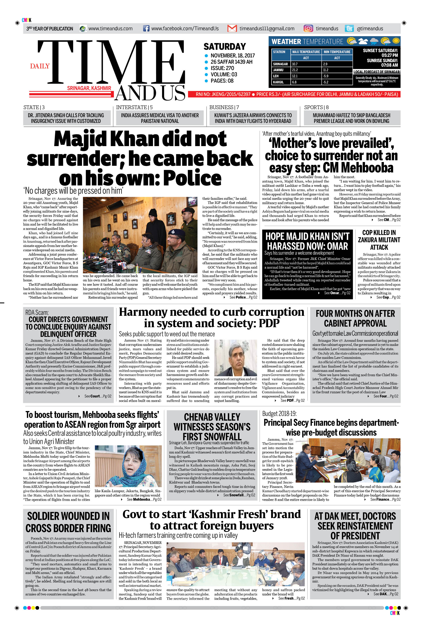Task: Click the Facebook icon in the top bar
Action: (146, 28)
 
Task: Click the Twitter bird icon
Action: (349, 28)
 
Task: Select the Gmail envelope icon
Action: (232, 28)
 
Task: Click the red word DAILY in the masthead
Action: (40, 66)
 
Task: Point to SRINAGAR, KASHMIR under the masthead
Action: (89, 88)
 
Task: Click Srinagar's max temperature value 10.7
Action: (295, 64)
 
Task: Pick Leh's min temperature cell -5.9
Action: (326, 76)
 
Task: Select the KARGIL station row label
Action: (278, 82)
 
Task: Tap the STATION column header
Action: (279, 52)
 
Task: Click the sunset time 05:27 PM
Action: (390, 55)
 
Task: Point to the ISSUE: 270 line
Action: (222, 68)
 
